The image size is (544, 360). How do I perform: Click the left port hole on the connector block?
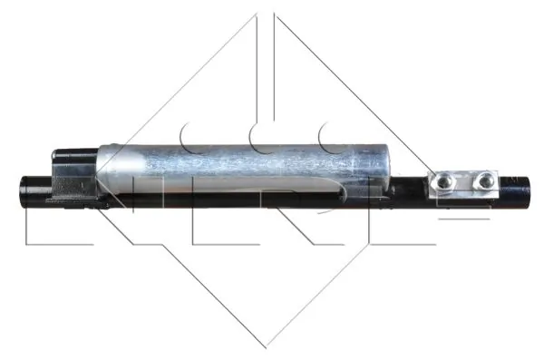coord(444,183)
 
